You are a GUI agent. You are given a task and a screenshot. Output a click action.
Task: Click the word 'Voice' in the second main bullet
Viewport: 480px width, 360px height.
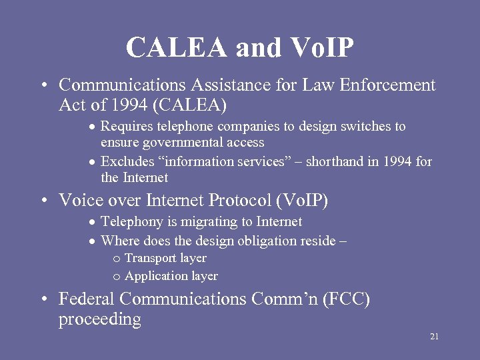(79, 200)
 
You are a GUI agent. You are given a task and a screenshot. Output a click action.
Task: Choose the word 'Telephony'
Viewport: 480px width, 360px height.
(131, 222)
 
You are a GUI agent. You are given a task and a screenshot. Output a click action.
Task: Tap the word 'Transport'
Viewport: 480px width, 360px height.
(151, 259)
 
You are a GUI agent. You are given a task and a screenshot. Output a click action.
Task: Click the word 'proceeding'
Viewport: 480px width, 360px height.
(100, 320)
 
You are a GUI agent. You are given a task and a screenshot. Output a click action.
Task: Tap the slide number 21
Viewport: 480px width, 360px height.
(434, 337)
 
